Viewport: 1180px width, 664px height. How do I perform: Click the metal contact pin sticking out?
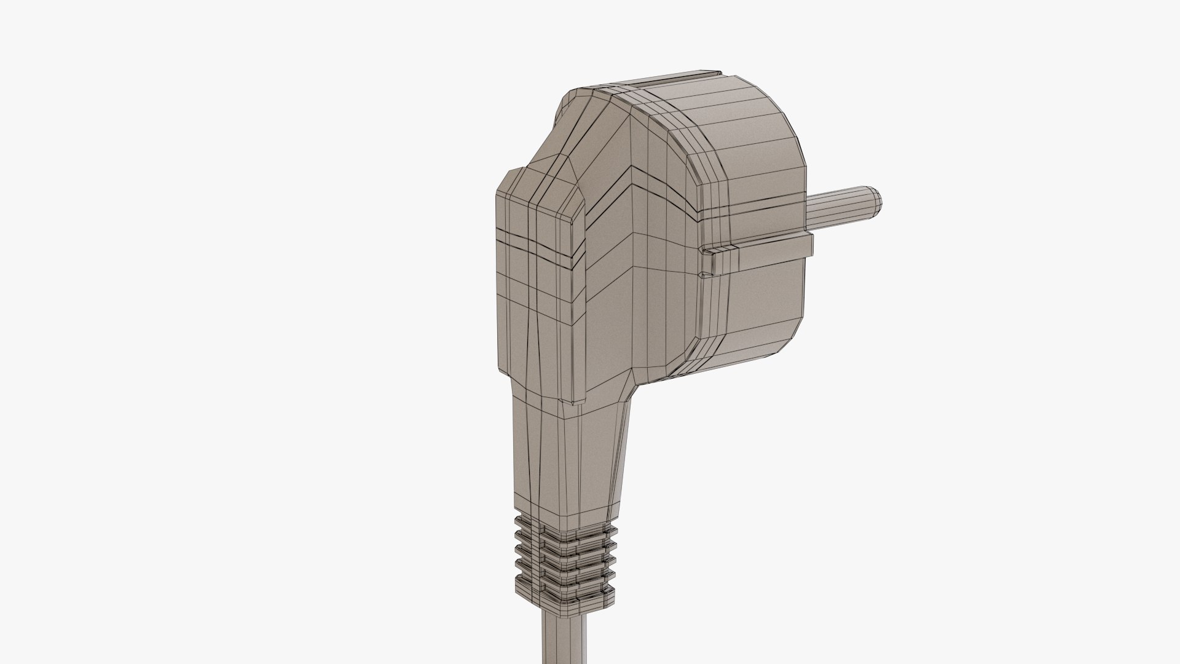842,205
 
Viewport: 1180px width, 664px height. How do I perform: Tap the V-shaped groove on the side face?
639,191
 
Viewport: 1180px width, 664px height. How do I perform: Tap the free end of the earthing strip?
805,245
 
